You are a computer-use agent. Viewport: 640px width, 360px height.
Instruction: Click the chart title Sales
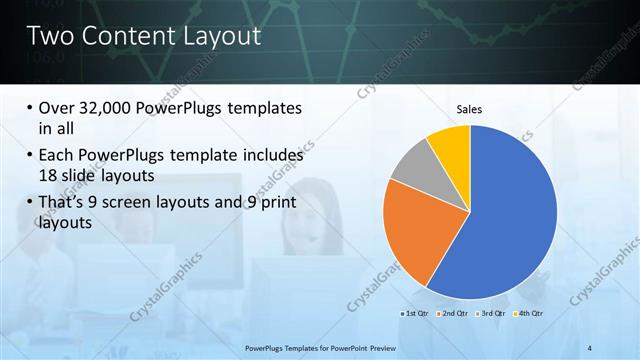click(x=470, y=109)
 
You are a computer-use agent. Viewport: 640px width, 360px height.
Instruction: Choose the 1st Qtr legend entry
click(x=415, y=314)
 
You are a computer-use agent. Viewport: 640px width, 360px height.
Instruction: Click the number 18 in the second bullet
click(x=49, y=174)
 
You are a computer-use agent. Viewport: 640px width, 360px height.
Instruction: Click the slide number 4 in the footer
click(x=590, y=347)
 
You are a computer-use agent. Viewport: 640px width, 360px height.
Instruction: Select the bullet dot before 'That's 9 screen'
click(x=30, y=204)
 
